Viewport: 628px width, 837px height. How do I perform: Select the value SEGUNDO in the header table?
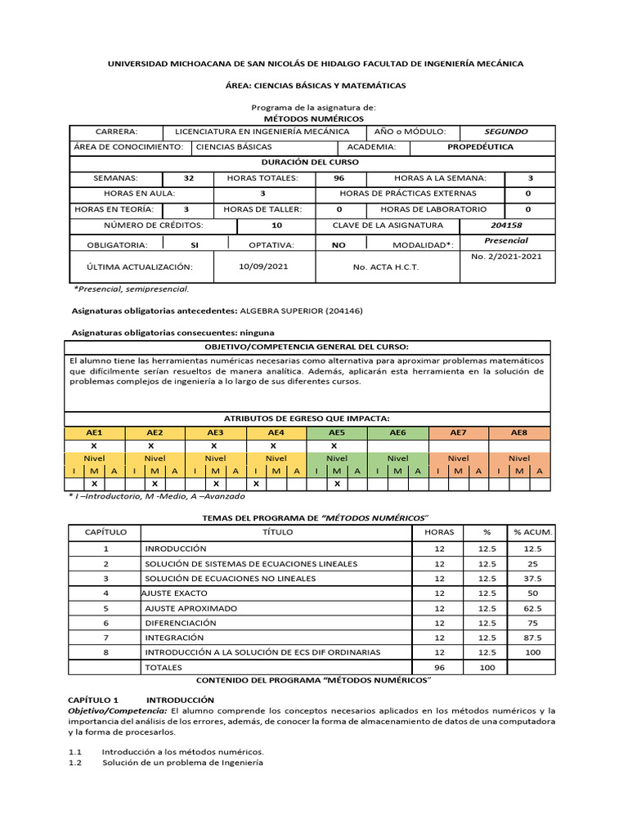coord(506,132)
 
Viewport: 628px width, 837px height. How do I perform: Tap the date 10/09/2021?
coord(263,266)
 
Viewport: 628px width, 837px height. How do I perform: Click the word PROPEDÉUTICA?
coord(481,147)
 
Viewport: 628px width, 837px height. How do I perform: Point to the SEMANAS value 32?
coord(189,178)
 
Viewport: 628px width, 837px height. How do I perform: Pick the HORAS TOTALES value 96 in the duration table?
coord(339,178)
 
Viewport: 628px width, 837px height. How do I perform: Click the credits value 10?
coord(276,225)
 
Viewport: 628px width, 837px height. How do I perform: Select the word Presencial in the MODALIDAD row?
coord(506,240)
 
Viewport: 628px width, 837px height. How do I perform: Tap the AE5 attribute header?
coord(337,432)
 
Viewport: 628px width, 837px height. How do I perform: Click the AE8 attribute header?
coord(519,432)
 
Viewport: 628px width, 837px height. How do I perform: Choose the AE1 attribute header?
coord(94,432)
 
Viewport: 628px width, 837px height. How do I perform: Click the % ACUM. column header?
coord(532,532)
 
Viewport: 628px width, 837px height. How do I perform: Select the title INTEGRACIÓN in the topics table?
coord(175,637)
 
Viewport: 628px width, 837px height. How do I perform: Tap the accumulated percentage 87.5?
coord(532,637)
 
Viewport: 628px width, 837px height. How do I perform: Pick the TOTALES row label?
coord(164,667)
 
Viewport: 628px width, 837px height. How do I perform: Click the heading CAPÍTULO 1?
coord(92,700)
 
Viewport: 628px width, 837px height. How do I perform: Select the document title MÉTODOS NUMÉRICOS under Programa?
coord(313,119)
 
